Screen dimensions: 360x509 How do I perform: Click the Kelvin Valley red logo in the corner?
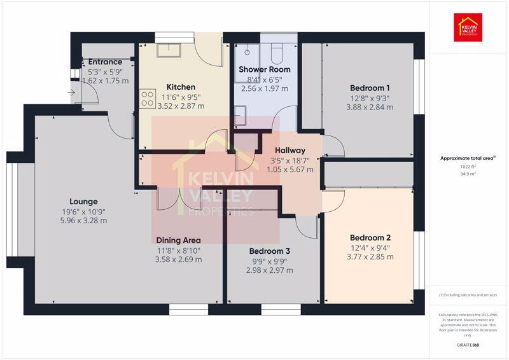click(468, 27)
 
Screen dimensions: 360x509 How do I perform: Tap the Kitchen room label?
click(181, 87)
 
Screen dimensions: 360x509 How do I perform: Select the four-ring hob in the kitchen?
click(148, 98)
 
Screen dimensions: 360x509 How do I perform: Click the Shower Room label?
click(264, 69)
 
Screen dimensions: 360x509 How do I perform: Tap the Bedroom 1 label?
click(370, 88)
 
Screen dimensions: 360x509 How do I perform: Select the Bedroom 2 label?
click(370, 237)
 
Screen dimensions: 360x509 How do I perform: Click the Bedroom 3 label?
click(269, 251)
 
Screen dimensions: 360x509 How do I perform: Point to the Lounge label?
click(84, 202)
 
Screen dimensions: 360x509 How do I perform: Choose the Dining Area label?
click(178, 240)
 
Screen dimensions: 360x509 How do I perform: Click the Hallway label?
click(290, 151)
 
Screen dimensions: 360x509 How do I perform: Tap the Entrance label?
click(105, 62)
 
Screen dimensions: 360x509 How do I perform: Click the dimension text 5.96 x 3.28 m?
click(84, 221)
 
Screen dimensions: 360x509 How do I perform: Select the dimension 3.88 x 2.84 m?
click(370, 107)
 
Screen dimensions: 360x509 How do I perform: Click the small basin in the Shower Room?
click(240, 116)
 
